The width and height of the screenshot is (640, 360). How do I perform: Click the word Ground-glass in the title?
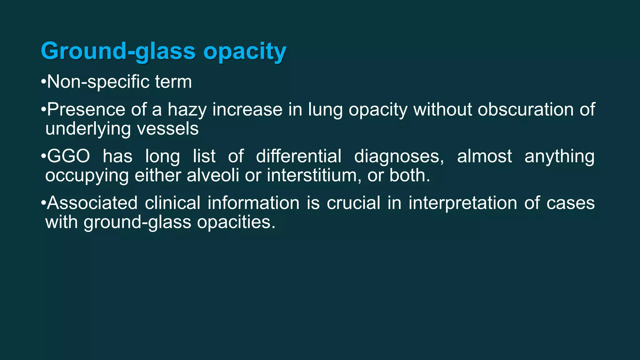pyautogui.click(x=118, y=51)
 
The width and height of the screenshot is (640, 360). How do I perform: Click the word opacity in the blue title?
pyautogui.click(x=245, y=52)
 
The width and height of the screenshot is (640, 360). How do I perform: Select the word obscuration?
pyautogui.click(x=526, y=110)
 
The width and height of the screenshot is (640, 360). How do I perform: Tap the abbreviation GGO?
pyautogui.click(x=68, y=156)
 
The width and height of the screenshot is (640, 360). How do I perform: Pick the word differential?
pyautogui.click(x=298, y=156)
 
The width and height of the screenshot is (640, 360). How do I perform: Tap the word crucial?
pyautogui.click(x=353, y=203)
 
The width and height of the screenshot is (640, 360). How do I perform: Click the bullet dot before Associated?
pyautogui.click(x=43, y=203)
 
